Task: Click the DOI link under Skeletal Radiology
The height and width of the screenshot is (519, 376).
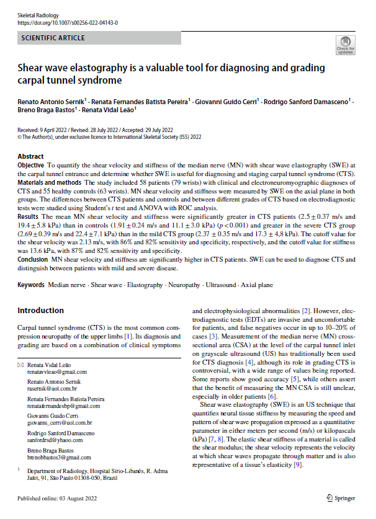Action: click(x=68, y=22)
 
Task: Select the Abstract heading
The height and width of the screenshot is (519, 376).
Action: click(x=31, y=156)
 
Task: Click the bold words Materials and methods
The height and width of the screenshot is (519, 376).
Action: click(x=50, y=183)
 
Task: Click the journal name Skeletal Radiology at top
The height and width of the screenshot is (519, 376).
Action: click(x=35, y=14)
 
